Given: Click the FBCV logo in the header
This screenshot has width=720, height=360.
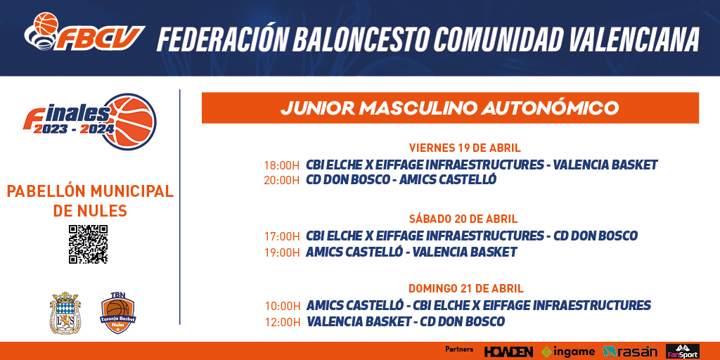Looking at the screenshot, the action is (x=84, y=32).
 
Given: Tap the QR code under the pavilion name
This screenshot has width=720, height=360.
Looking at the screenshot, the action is (x=88, y=244).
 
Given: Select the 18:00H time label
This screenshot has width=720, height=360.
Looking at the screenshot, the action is (x=281, y=165).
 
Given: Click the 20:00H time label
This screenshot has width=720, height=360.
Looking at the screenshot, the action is (x=281, y=180).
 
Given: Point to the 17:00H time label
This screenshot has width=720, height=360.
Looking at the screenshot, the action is (x=282, y=236).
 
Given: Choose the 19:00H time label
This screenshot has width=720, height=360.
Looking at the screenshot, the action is (x=282, y=252).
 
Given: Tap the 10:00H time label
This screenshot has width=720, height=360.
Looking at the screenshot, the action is (x=283, y=306).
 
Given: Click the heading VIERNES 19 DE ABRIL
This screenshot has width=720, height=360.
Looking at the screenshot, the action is (x=465, y=148).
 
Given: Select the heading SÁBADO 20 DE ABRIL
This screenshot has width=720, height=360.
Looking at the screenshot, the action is (x=463, y=219).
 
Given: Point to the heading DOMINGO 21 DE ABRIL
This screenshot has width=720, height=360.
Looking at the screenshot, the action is (x=466, y=289).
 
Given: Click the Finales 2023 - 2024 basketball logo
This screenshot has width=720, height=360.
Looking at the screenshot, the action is (x=90, y=121).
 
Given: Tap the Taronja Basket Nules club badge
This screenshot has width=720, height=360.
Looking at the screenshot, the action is (x=118, y=313).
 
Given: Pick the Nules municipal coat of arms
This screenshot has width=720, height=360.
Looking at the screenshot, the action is (x=65, y=313).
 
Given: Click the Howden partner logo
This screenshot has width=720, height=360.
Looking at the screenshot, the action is (x=508, y=352).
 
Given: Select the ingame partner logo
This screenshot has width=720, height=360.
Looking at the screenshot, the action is (x=568, y=352).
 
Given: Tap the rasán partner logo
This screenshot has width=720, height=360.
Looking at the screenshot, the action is (x=630, y=352).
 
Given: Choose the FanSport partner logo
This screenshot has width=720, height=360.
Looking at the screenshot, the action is (x=683, y=351).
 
